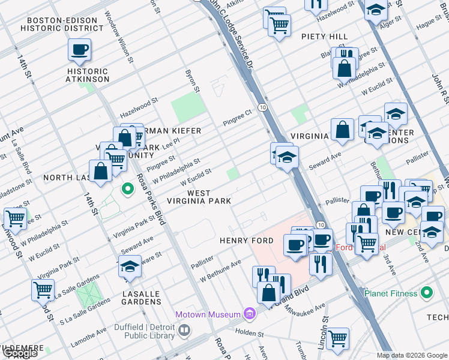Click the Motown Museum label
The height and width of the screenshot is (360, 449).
click(208, 314)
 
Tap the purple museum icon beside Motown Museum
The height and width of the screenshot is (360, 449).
click(250, 314)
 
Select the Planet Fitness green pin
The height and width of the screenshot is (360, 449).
click(427, 293)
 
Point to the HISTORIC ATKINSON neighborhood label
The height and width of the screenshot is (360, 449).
click(88, 75)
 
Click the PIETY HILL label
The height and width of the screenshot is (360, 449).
click(330, 37)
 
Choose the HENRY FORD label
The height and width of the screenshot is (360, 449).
click(246, 241)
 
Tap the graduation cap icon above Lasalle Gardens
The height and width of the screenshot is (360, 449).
click(130, 266)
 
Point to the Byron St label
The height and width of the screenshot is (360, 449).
click(191, 81)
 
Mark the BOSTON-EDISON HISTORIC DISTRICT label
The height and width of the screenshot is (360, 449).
click(59, 24)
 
